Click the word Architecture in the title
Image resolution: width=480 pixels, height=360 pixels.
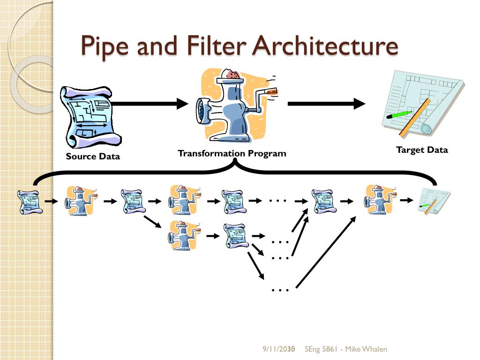point(325,46)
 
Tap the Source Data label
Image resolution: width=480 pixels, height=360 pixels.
point(93,157)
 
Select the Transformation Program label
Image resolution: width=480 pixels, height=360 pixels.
point(232,153)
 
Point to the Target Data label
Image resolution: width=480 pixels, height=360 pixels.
point(422,150)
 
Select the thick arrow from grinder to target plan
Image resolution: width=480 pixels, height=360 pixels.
point(326,104)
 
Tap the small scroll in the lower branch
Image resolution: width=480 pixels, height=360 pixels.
point(235,236)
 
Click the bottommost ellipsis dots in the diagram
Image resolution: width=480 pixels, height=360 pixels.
point(280,290)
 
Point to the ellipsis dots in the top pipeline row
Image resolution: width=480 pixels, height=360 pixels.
point(277,201)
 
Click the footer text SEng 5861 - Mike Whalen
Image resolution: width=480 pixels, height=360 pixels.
point(346,349)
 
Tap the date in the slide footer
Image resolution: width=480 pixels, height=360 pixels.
point(278,349)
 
